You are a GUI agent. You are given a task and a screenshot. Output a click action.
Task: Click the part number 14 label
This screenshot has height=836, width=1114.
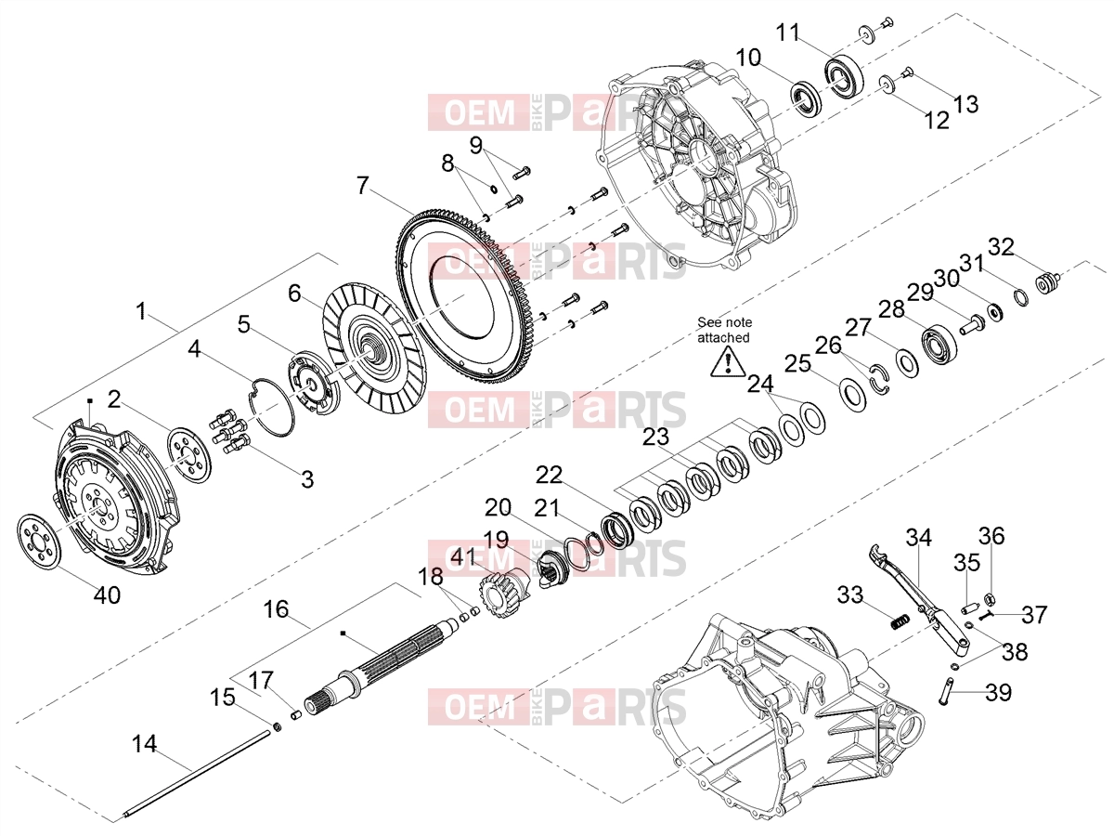(144, 745)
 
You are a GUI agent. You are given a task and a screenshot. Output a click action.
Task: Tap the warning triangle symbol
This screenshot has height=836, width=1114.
(728, 362)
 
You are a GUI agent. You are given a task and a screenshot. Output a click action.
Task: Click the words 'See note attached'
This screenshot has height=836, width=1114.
(724, 330)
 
